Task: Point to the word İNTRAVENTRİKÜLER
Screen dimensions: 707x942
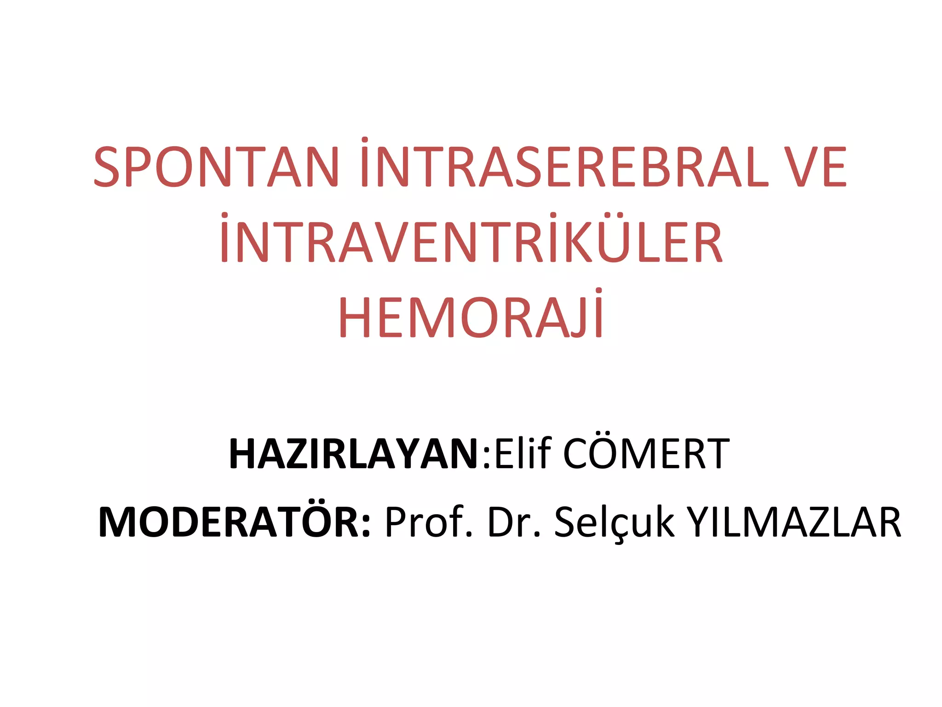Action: point(471,242)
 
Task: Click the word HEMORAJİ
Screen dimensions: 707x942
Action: point(471,318)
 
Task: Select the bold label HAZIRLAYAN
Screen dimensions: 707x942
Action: point(354,454)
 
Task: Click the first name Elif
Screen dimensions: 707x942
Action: point(523,454)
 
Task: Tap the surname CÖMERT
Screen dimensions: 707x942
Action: point(646,454)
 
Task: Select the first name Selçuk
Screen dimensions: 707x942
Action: point(615,522)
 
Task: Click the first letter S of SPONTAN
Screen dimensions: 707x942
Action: point(107,167)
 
